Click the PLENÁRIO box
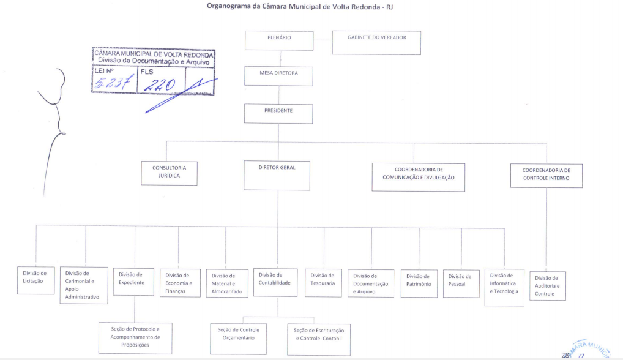(279, 40)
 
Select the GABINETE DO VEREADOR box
(376, 43)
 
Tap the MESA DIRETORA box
(278, 76)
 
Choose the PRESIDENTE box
(278, 114)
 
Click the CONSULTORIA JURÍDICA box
(169, 173)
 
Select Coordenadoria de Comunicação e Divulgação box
(419, 177)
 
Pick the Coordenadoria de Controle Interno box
(546, 175)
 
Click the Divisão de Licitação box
(35, 280)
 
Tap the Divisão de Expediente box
(133, 282)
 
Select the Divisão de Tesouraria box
(323, 282)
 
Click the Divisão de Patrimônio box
(419, 283)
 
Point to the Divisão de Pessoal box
(461, 283)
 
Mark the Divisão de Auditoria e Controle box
(547, 285)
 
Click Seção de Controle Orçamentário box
(242, 337)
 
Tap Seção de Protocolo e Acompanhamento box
(135, 337)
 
